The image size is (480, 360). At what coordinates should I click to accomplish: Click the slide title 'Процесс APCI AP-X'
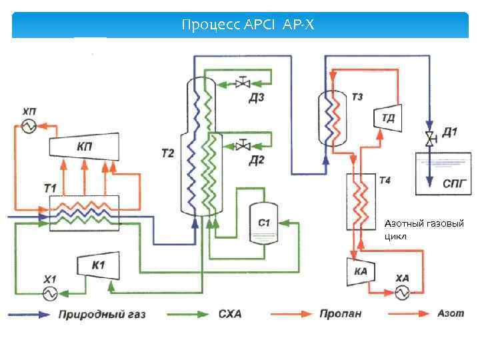(x=247, y=25)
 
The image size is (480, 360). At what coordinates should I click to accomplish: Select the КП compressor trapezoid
(x=84, y=146)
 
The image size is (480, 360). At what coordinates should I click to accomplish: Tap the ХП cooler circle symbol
(x=29, y=126)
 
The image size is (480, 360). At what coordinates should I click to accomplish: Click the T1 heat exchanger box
(x=84, y=213)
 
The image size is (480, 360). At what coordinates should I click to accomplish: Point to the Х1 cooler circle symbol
(x=50, y=293)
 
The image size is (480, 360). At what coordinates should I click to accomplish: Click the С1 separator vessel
(x=264, y=223)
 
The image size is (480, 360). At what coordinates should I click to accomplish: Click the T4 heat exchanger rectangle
(x=361, y=201)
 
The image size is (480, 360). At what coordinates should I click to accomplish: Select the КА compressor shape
(x=361, y=271)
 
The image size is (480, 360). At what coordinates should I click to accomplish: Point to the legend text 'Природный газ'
(x=101, y=314)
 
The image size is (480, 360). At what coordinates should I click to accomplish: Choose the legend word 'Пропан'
(x=340, y=313)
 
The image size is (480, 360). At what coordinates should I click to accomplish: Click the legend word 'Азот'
(x=451, y=313)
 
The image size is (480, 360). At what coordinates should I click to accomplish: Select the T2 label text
(x=167, y=154)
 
